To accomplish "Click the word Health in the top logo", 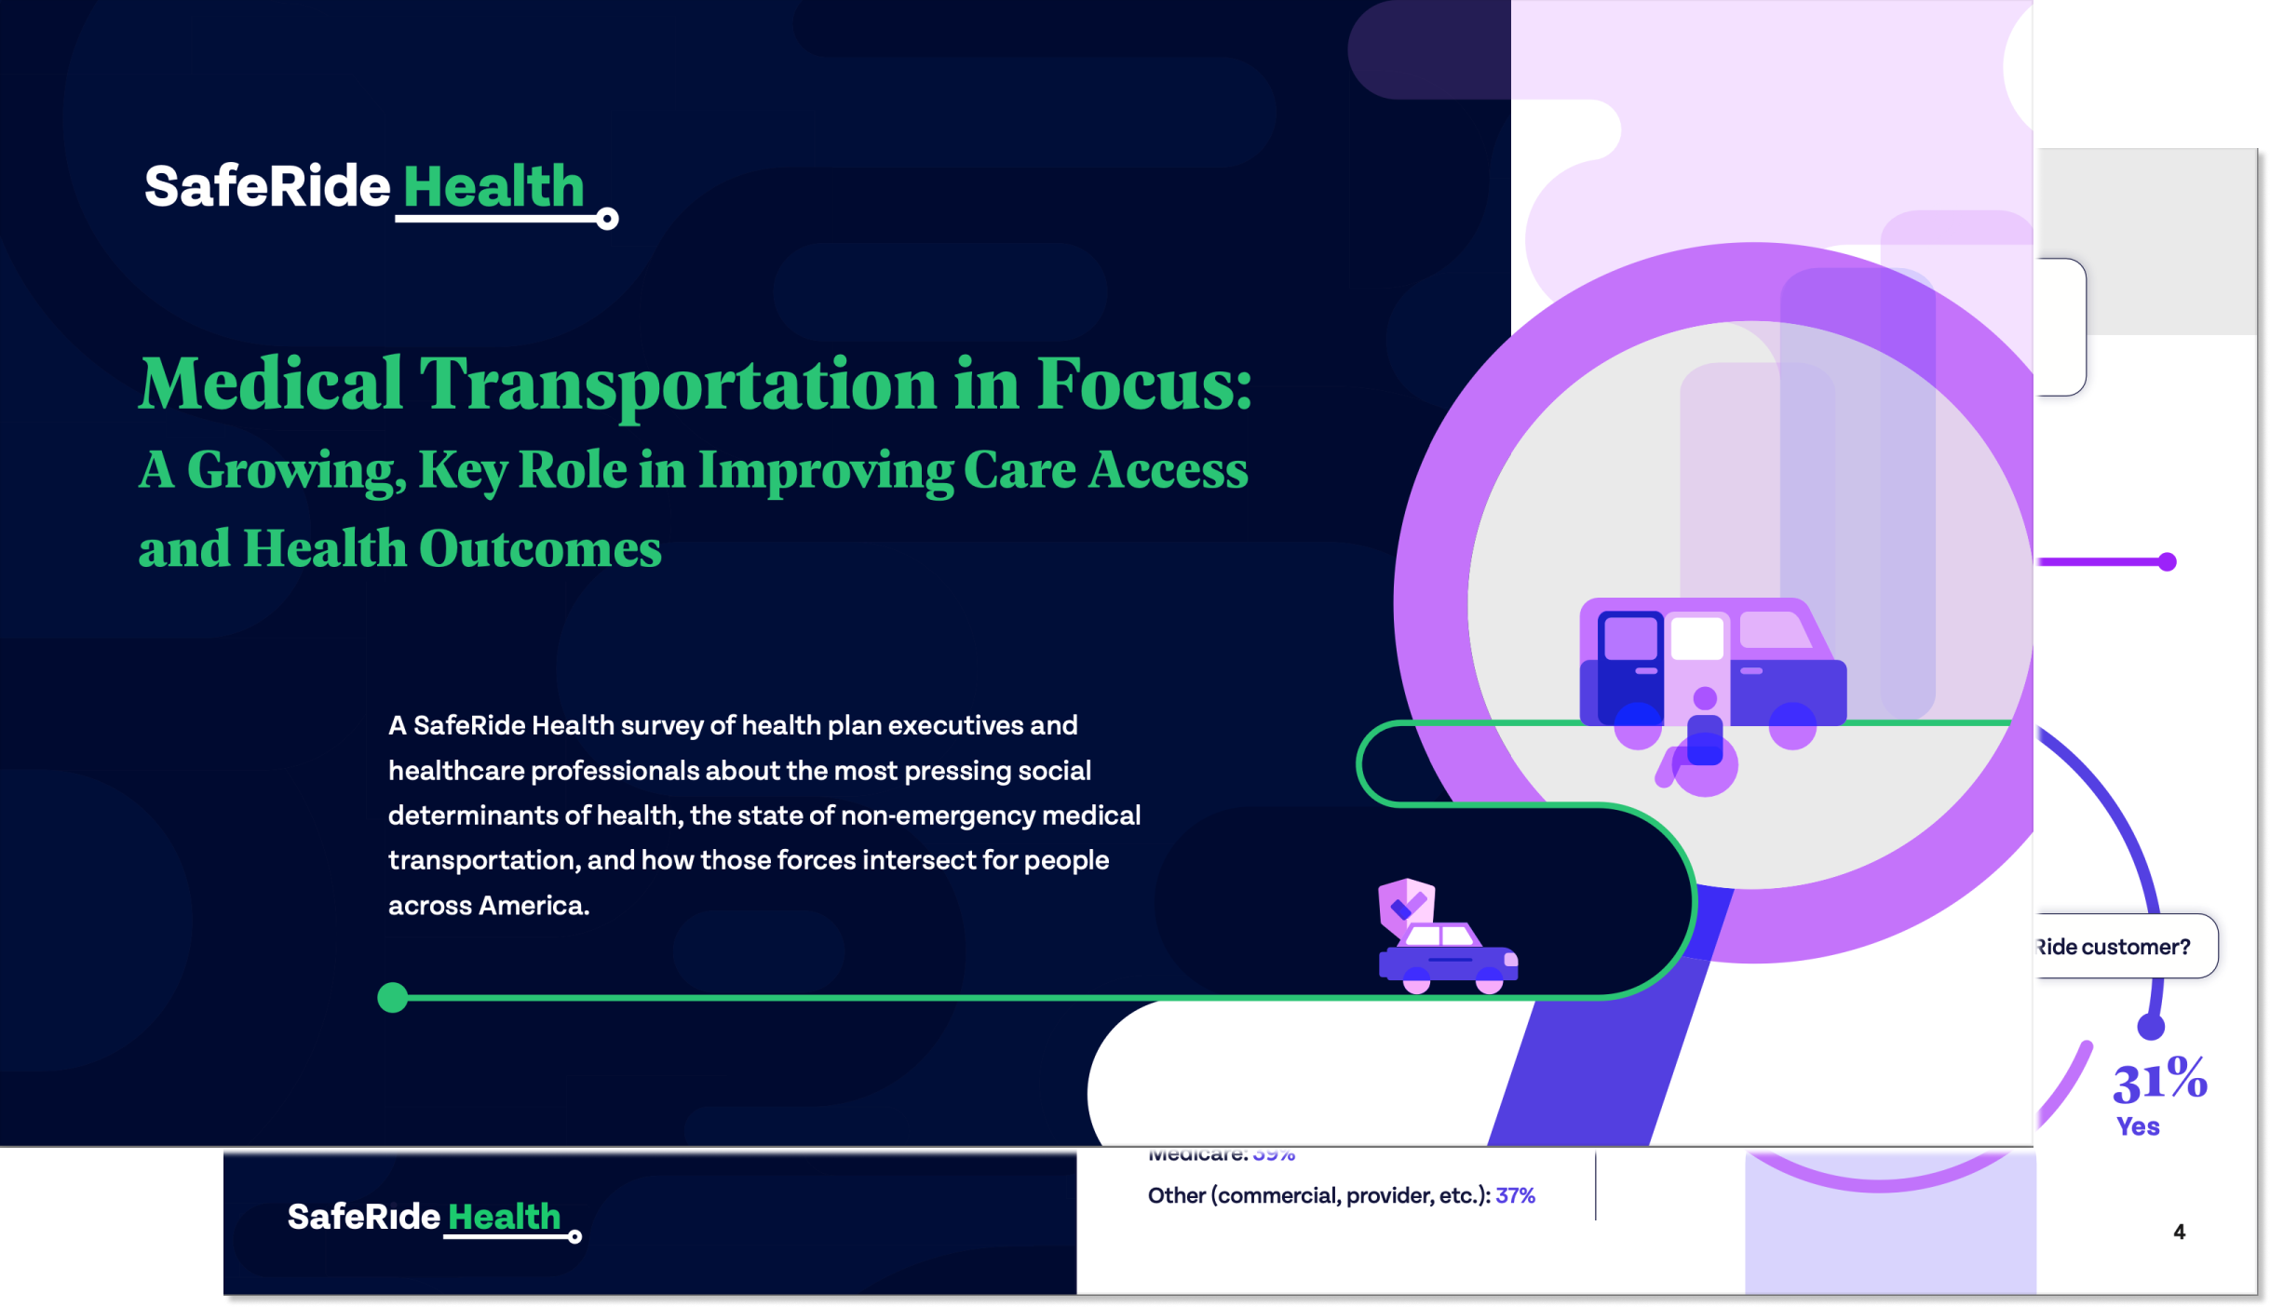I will point(493,187).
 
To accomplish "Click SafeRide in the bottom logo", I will point(363,1217).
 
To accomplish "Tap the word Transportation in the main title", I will point(677,384).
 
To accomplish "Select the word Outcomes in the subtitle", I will point(540,549).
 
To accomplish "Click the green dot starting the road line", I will point(393,997).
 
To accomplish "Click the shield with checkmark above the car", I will point(1405,903).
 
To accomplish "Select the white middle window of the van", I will point(1696,640).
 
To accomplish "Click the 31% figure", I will point(2159,1081).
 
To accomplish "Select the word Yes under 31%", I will point(2138,1126).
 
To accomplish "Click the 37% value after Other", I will point(1515,1196).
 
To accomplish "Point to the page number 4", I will point(2179,1233).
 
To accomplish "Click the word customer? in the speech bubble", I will point(2135,947).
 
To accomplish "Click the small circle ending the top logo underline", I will point(607,219).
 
